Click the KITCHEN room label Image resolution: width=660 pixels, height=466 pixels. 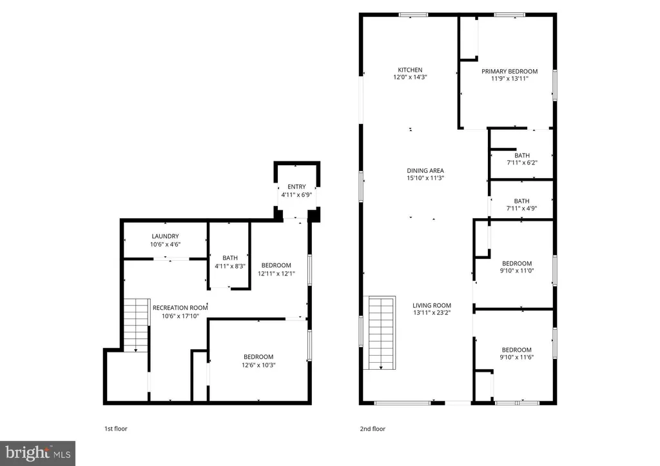point(410,70)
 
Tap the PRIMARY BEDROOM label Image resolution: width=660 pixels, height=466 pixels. point(509,72)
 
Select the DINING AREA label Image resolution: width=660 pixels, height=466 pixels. point(425,170)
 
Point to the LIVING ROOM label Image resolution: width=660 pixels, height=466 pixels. point(432,305)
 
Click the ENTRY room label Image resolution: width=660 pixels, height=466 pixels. point(296,187)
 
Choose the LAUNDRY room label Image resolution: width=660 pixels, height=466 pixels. point(165,236)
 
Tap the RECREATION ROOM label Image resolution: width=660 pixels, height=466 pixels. point(180,308)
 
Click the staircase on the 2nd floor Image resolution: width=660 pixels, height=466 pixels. point(380,333)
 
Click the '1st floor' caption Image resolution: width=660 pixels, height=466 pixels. point(115,428)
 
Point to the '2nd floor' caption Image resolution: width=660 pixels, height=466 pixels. point(373,428)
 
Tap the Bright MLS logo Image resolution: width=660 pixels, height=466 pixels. point(38,453)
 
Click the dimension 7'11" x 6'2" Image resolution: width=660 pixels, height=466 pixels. point(521,163)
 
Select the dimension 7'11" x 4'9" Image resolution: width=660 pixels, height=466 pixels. point(521,208)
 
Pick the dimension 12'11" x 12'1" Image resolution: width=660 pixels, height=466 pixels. point(276,273)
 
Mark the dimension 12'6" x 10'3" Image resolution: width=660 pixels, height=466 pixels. point(258,365)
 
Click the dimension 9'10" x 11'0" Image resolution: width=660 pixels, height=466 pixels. point(517,271)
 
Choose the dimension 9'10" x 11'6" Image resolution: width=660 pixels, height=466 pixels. point(517,358)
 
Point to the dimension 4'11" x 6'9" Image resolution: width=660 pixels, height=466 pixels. point(296,194)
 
